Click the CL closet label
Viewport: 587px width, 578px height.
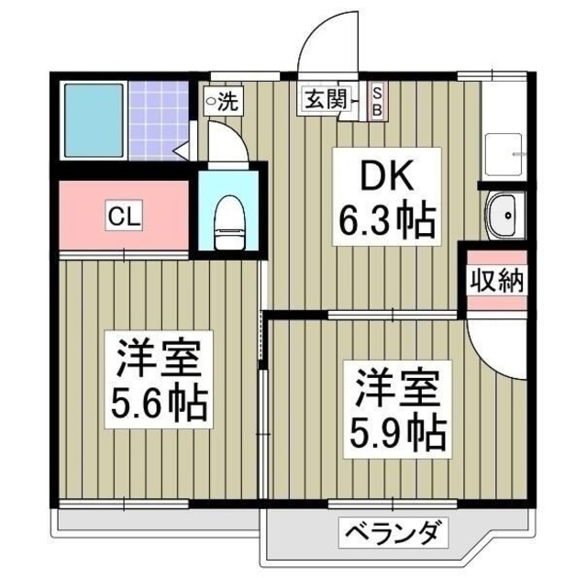tap(122, 217)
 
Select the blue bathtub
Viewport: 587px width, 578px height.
tap(91, 122)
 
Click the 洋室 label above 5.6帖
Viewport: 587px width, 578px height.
tap(159, 357)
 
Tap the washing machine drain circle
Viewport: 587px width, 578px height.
tap(210, 99)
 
